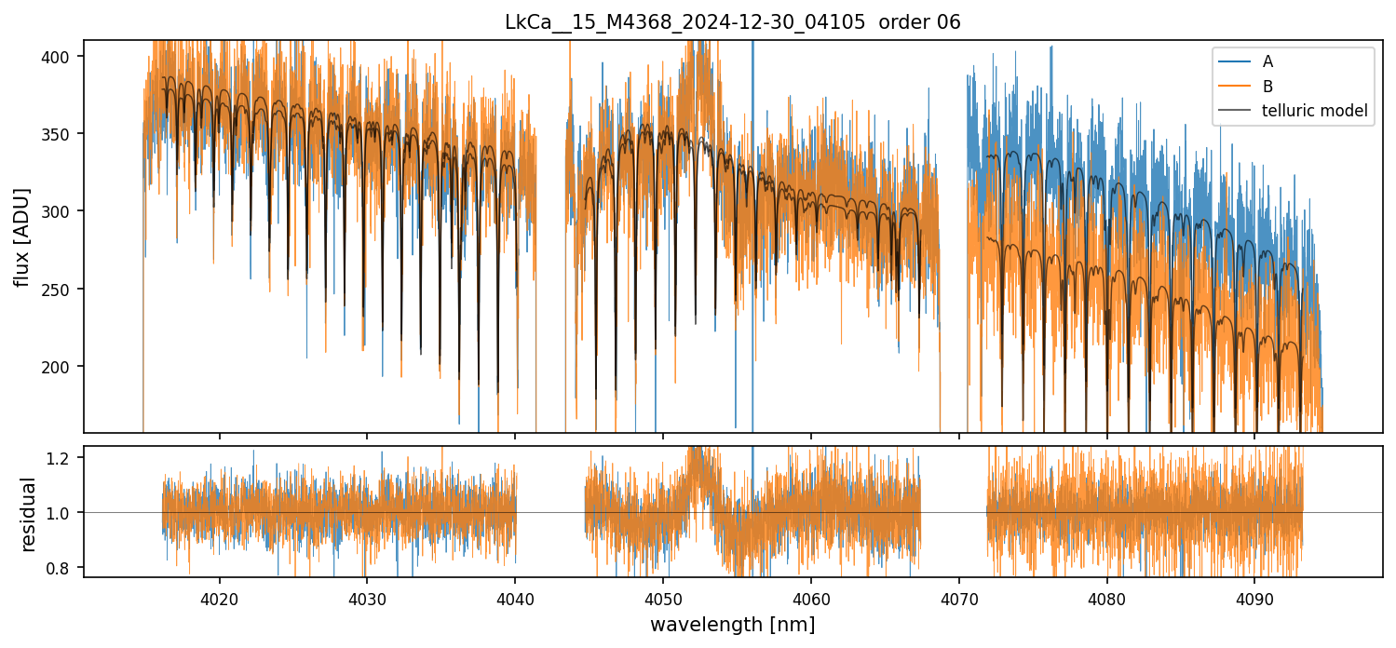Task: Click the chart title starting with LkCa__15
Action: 732,22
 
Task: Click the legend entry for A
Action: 1267,61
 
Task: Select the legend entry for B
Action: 1267,86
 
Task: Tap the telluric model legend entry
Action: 1314,111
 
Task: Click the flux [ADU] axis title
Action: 21,236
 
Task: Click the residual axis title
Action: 28,514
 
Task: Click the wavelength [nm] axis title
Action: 732,624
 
